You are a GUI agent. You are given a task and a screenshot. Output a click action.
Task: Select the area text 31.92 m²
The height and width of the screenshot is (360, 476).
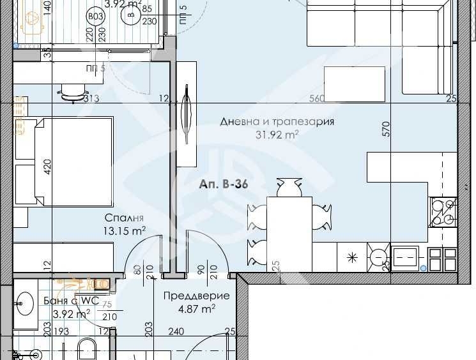tap(277, 134)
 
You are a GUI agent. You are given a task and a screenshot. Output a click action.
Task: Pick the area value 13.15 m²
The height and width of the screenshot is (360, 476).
tap(125, 230)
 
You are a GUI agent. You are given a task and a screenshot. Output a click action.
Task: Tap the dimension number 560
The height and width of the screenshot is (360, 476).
tap(317, 98)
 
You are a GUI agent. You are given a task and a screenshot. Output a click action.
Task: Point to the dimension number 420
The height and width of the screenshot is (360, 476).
tap(45, 169)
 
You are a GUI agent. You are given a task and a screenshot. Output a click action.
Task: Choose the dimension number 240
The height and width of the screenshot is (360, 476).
tap(176, 331)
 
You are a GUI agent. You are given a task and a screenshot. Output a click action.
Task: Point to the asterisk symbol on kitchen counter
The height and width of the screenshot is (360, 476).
tap(351, 258)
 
